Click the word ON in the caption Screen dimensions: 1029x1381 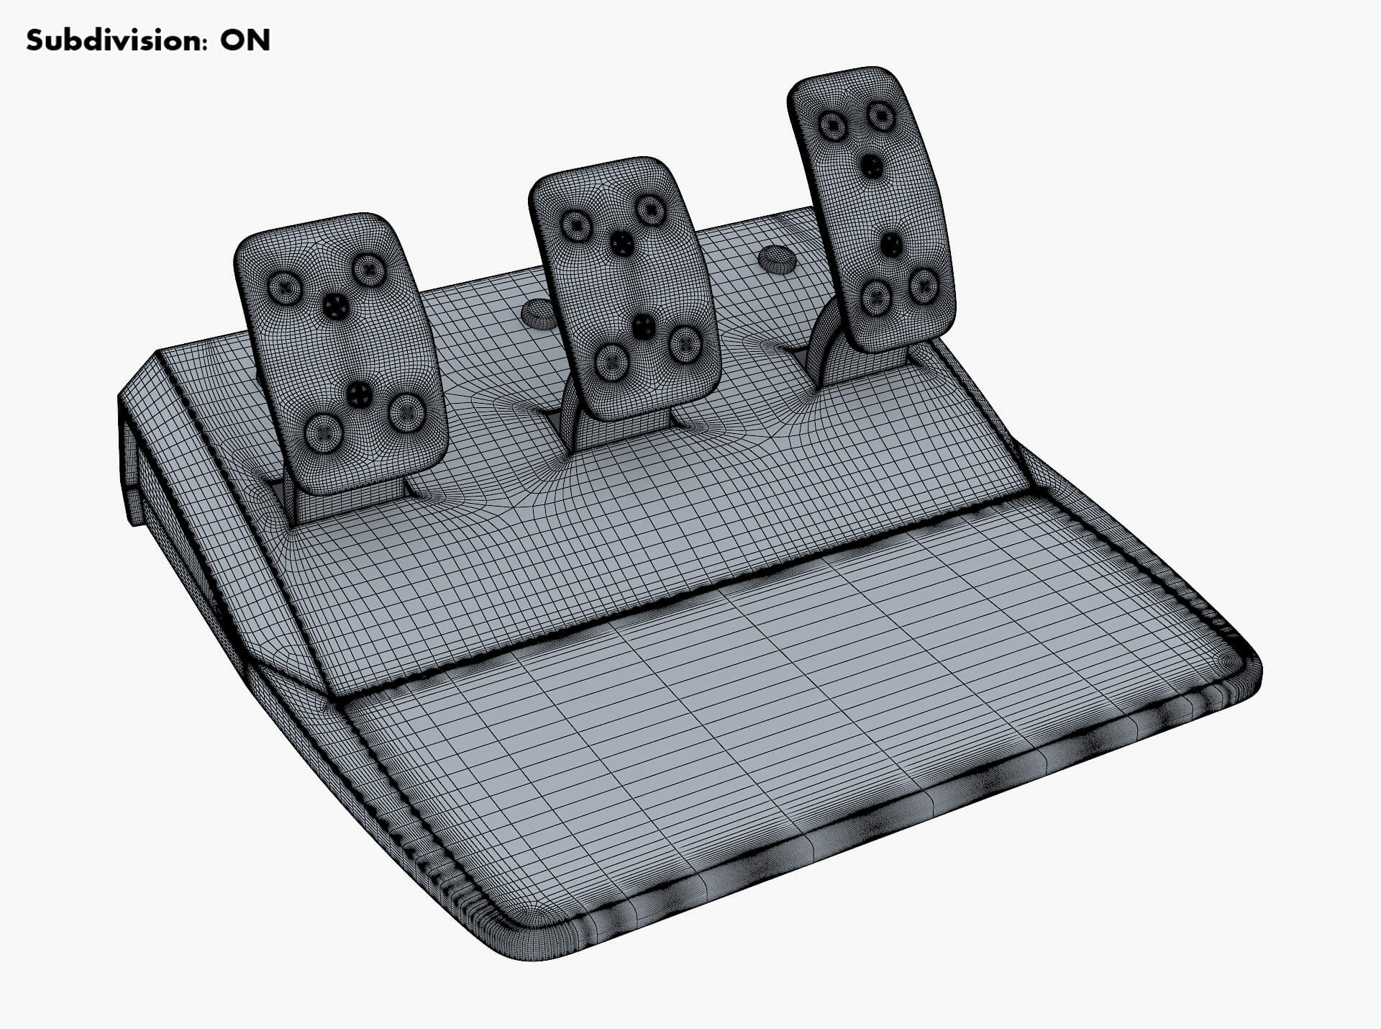[x=245, y=41]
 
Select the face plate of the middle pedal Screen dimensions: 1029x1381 [x=624, y=288]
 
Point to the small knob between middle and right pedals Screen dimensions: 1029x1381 [x=775, y=258]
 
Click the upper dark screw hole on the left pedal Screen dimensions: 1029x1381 [x=335, y=307]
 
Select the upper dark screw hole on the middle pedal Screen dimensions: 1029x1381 [x=621, y=242]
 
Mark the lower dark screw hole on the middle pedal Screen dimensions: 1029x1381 [x=643, y=326]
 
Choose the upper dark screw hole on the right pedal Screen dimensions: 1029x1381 [x=872, y=167]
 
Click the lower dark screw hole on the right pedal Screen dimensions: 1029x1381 [x=891, y=245]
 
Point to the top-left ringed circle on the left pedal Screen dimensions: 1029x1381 [x=283, y=287]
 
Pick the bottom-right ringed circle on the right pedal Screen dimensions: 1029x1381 [x=922, y=286]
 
